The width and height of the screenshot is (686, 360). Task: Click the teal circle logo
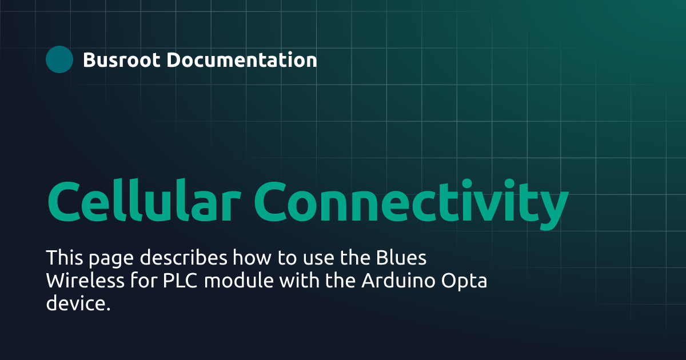click(x=59, y=59)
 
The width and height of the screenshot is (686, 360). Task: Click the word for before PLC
click(x=139, y=281)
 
